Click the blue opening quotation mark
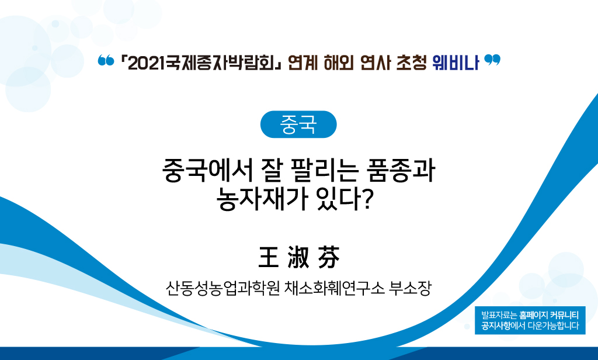click(x=106, y=60)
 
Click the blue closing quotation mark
click(x=492, y=60)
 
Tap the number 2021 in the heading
click(x=143, y=63)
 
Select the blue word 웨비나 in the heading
click(x=456, y=63)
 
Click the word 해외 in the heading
click(x=338, y=63)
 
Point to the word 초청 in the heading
click(x=411, y=63)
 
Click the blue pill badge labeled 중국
click(x=298, y=124)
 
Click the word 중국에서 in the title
click(x=208, y=170)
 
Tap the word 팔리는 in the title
click(x=324, y=170)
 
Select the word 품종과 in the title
click(x=401, y=170)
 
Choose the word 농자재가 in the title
click(x=262, y=199)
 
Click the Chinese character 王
click(x=269, y=257)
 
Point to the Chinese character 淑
click(x=298, y=257)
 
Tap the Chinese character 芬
click(x=328, y=257)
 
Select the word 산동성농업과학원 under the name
click(x=222, y=288)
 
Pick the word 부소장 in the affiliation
click(x=410, y=288)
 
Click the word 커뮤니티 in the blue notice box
click(x=565, y=316)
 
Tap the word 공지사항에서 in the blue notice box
click(x=503, y=326)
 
